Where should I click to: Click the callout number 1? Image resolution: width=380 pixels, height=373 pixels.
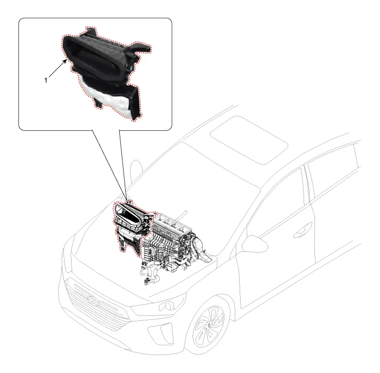pyautogui.click(x=46, y=80)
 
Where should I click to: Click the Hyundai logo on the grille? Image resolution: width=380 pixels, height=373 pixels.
pyautogui.click(x=94, y=301)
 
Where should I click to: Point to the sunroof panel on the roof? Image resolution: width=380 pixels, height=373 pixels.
pyautogui.click(x=249, y=140)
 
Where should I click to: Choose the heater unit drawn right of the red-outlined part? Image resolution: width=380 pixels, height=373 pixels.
pyautogui.click(x=175, y=245)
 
